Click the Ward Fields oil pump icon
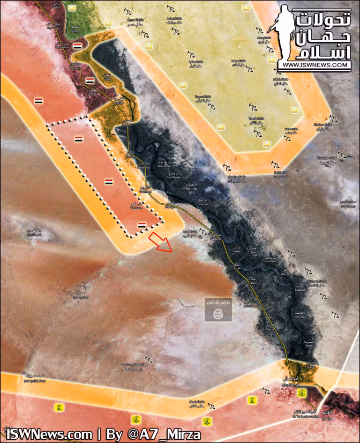click(202, 230)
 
